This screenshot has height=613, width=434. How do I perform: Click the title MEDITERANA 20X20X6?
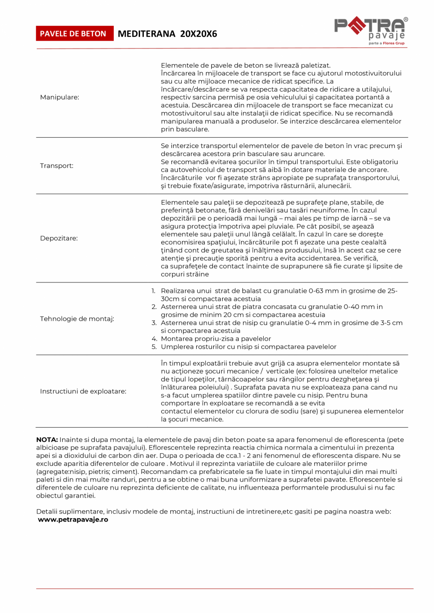(167, 34)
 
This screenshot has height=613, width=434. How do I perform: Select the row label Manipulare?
(59, 97)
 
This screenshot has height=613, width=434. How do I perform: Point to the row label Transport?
(57, 166)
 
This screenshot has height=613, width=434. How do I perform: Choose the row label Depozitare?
(59, 238)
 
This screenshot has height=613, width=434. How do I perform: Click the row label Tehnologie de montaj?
(77, 319)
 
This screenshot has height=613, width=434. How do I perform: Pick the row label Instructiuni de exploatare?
(83, 391)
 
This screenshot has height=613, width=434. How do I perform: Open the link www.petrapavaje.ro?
(73, 519)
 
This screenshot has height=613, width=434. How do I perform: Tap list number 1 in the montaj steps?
(153, 291)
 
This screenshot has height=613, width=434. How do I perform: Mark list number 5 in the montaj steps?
(154, 347)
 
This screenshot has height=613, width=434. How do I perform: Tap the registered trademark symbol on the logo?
(406, 19)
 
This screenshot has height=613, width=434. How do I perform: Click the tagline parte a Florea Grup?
(386, 43)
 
